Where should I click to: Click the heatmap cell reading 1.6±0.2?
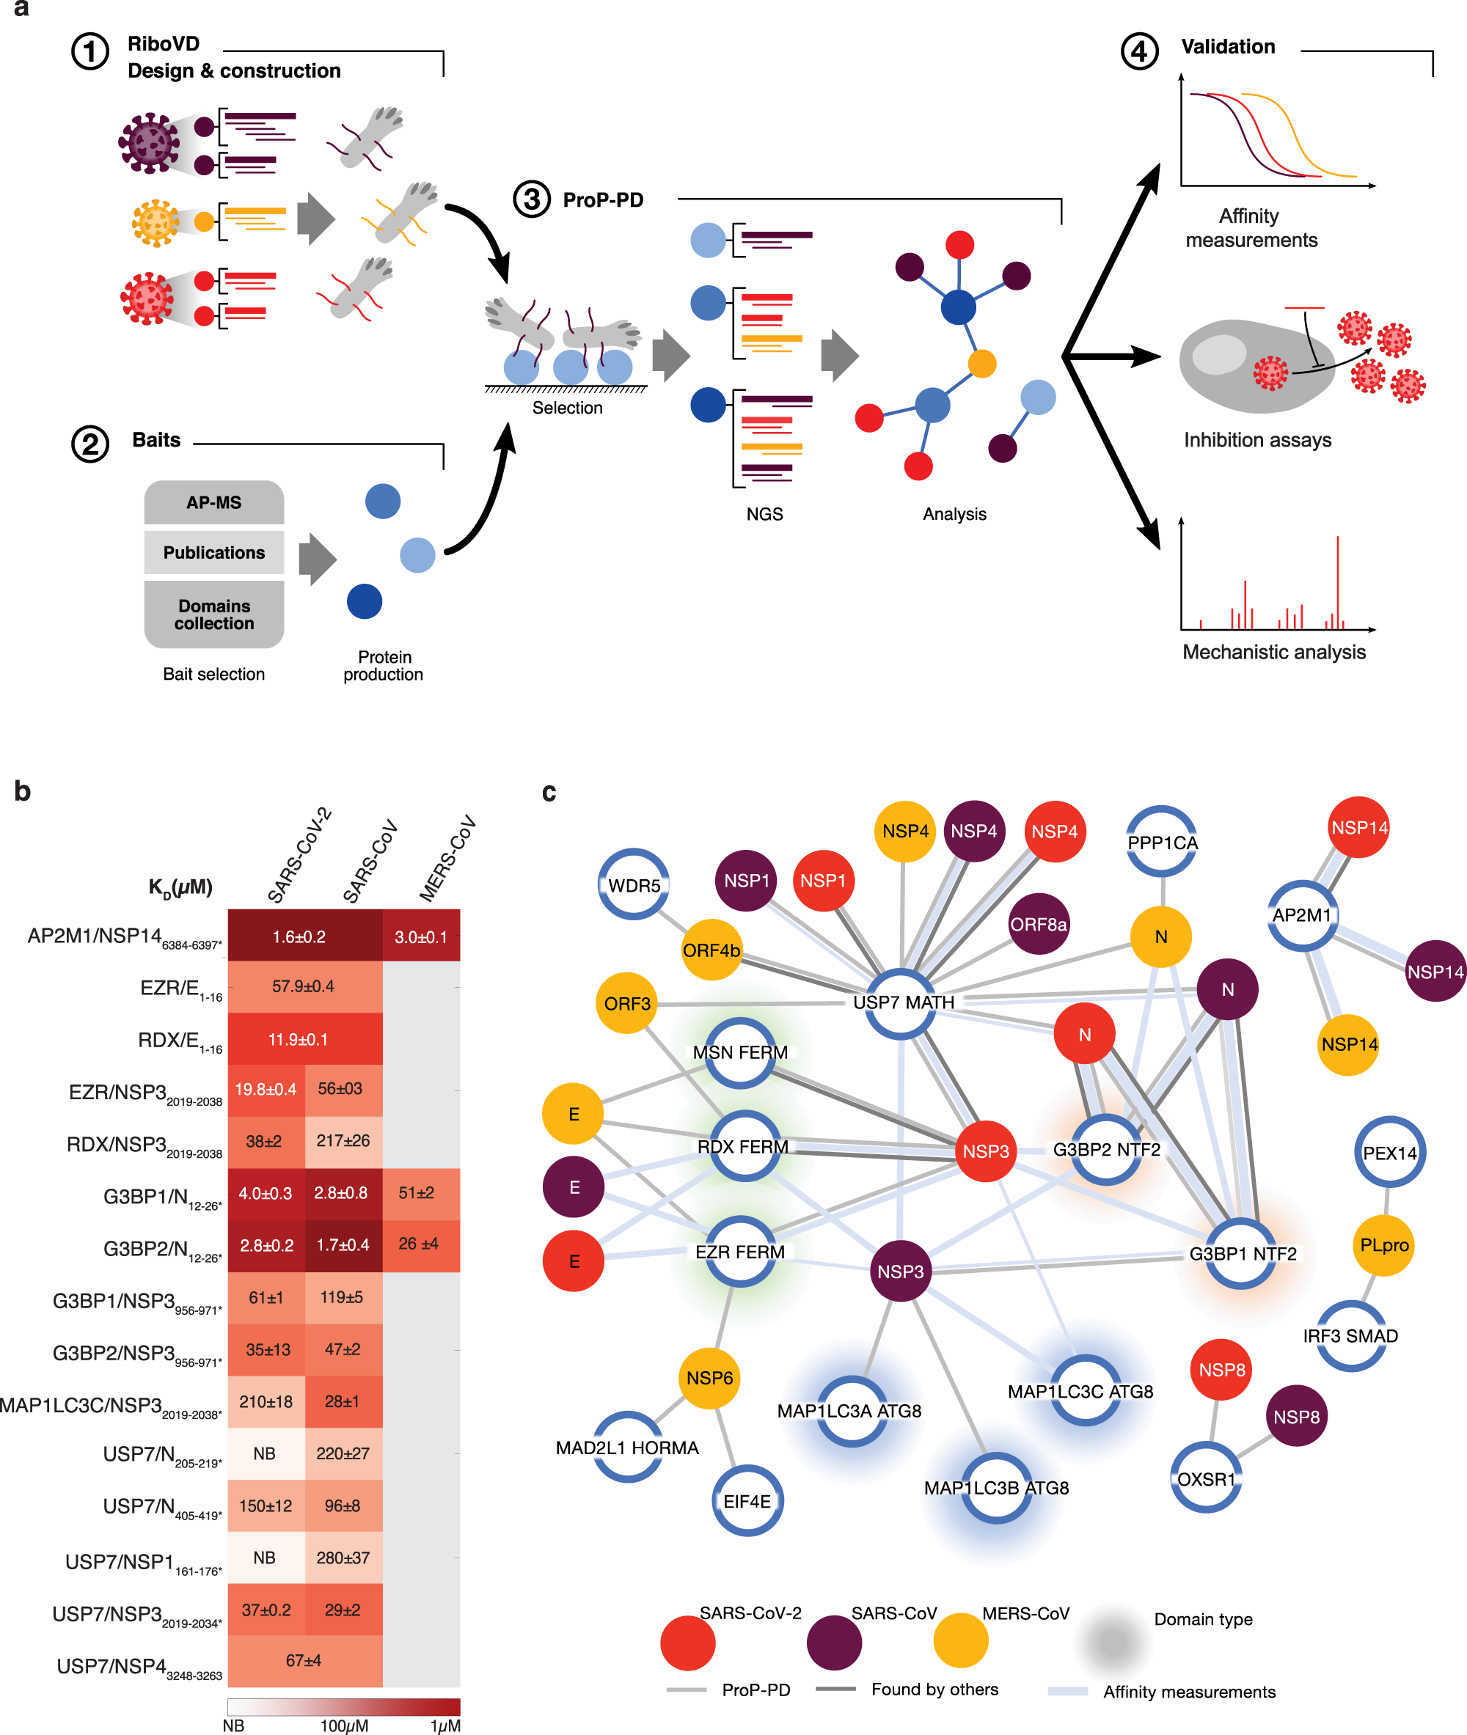click(299, 937)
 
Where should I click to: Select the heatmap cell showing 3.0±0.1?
click(421, 937)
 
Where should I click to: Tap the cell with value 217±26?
click(343, 1140)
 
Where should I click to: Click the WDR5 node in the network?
click(634, 884)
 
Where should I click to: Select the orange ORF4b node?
click(711, 950)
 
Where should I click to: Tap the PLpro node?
click(1384, 1244)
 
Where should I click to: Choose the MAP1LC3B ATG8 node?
click(996, 1487)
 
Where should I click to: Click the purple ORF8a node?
click(1038, 924)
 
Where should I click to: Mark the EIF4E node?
click(747, 1500)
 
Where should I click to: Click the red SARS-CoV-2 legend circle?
click(688, 1643)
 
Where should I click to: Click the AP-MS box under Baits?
click(213, 502)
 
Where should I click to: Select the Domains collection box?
click(213, 615)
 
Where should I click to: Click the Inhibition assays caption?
click(1256, 440)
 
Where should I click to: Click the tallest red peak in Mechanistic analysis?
click(1337, 582)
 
